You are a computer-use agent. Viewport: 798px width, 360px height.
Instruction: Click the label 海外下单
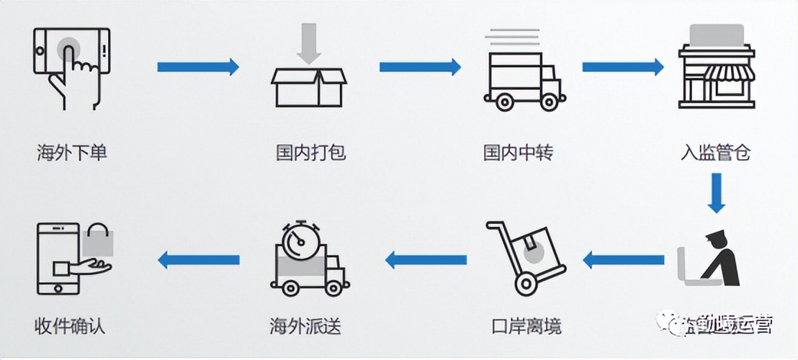pyautogui.click(x=72, y=153)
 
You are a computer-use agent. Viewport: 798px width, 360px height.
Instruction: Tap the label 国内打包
pyautogui.click(x=311, y=153)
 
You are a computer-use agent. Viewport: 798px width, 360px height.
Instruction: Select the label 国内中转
pyautogui.click(x=519, y=153)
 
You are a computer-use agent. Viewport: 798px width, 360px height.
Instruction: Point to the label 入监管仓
pyautogui.click(x=716, y=153)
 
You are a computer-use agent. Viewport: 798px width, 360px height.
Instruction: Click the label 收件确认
pyautogui.click(x=70, y=325)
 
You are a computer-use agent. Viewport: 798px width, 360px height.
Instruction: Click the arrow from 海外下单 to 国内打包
pyautogui.click(x=198, y=67)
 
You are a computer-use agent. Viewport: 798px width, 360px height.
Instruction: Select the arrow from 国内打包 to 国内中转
pyautogui.click(x=420, y=67)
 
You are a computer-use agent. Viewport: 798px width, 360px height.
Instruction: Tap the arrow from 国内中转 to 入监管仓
pyautogui.click(x=622, y=67)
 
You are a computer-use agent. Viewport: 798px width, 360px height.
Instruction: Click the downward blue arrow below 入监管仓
pyautogui.click(x=715, y=192)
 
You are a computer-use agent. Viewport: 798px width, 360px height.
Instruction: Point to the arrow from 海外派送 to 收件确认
pyautogui.click(x=198, y=259)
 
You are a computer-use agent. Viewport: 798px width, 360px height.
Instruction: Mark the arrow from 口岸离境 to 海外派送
pyautogui.click(x=426, y=259)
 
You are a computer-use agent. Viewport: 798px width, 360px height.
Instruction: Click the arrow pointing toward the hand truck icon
pyautogui.click(x=622, y=259)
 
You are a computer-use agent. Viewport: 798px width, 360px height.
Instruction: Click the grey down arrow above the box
pyautogui.click(x=308, y=42)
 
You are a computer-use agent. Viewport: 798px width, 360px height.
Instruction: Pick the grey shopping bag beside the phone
pyautogui.click(x=98, y=239)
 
